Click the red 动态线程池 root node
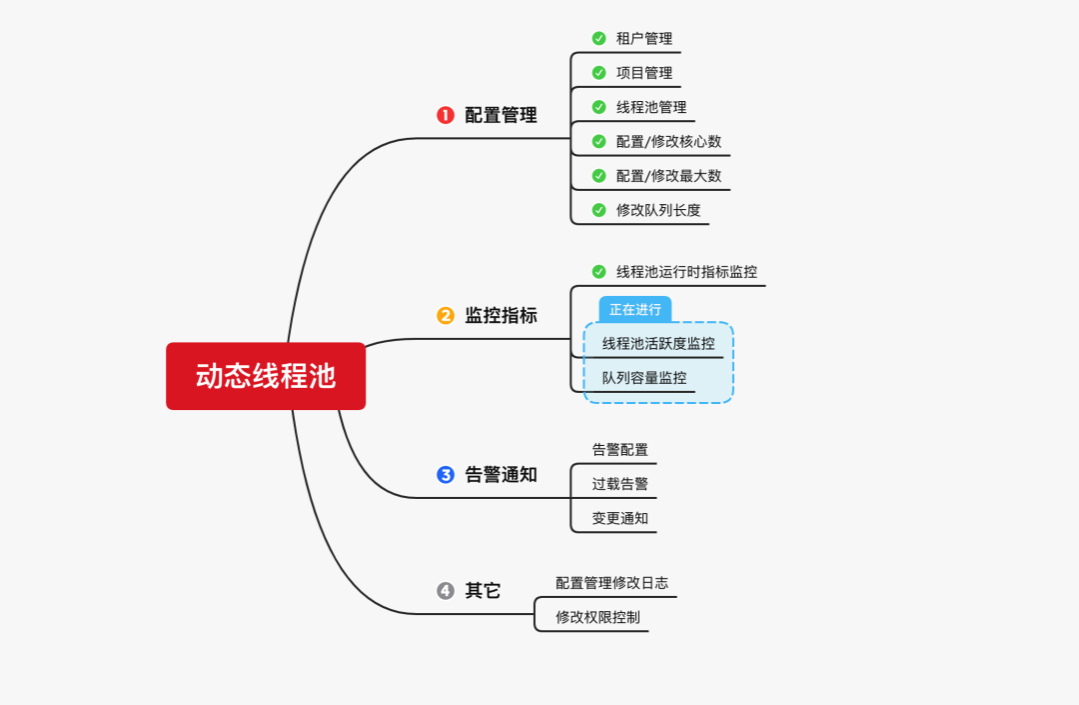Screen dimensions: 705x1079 266,376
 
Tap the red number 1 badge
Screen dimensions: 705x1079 446,115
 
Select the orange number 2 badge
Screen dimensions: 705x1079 446,315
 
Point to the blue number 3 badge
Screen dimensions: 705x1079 446,475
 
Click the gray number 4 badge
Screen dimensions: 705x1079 446,591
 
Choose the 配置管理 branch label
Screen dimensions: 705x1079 501,115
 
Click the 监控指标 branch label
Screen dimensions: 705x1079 501,315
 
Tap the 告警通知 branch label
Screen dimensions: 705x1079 501,475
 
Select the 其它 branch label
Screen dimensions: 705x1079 483,591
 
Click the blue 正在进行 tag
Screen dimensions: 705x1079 635,309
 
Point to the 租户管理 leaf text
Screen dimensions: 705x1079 643,38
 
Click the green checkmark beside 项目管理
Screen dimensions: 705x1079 598,72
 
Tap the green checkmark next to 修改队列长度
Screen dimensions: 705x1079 598,209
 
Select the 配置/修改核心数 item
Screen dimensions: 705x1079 668,141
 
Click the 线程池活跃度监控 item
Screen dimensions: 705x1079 658,344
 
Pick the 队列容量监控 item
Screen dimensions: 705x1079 644,378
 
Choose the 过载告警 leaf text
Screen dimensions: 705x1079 619,484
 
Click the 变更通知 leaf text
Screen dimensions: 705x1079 619,518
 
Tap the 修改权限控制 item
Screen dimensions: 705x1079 597,617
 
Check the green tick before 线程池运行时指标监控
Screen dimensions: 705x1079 598,271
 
